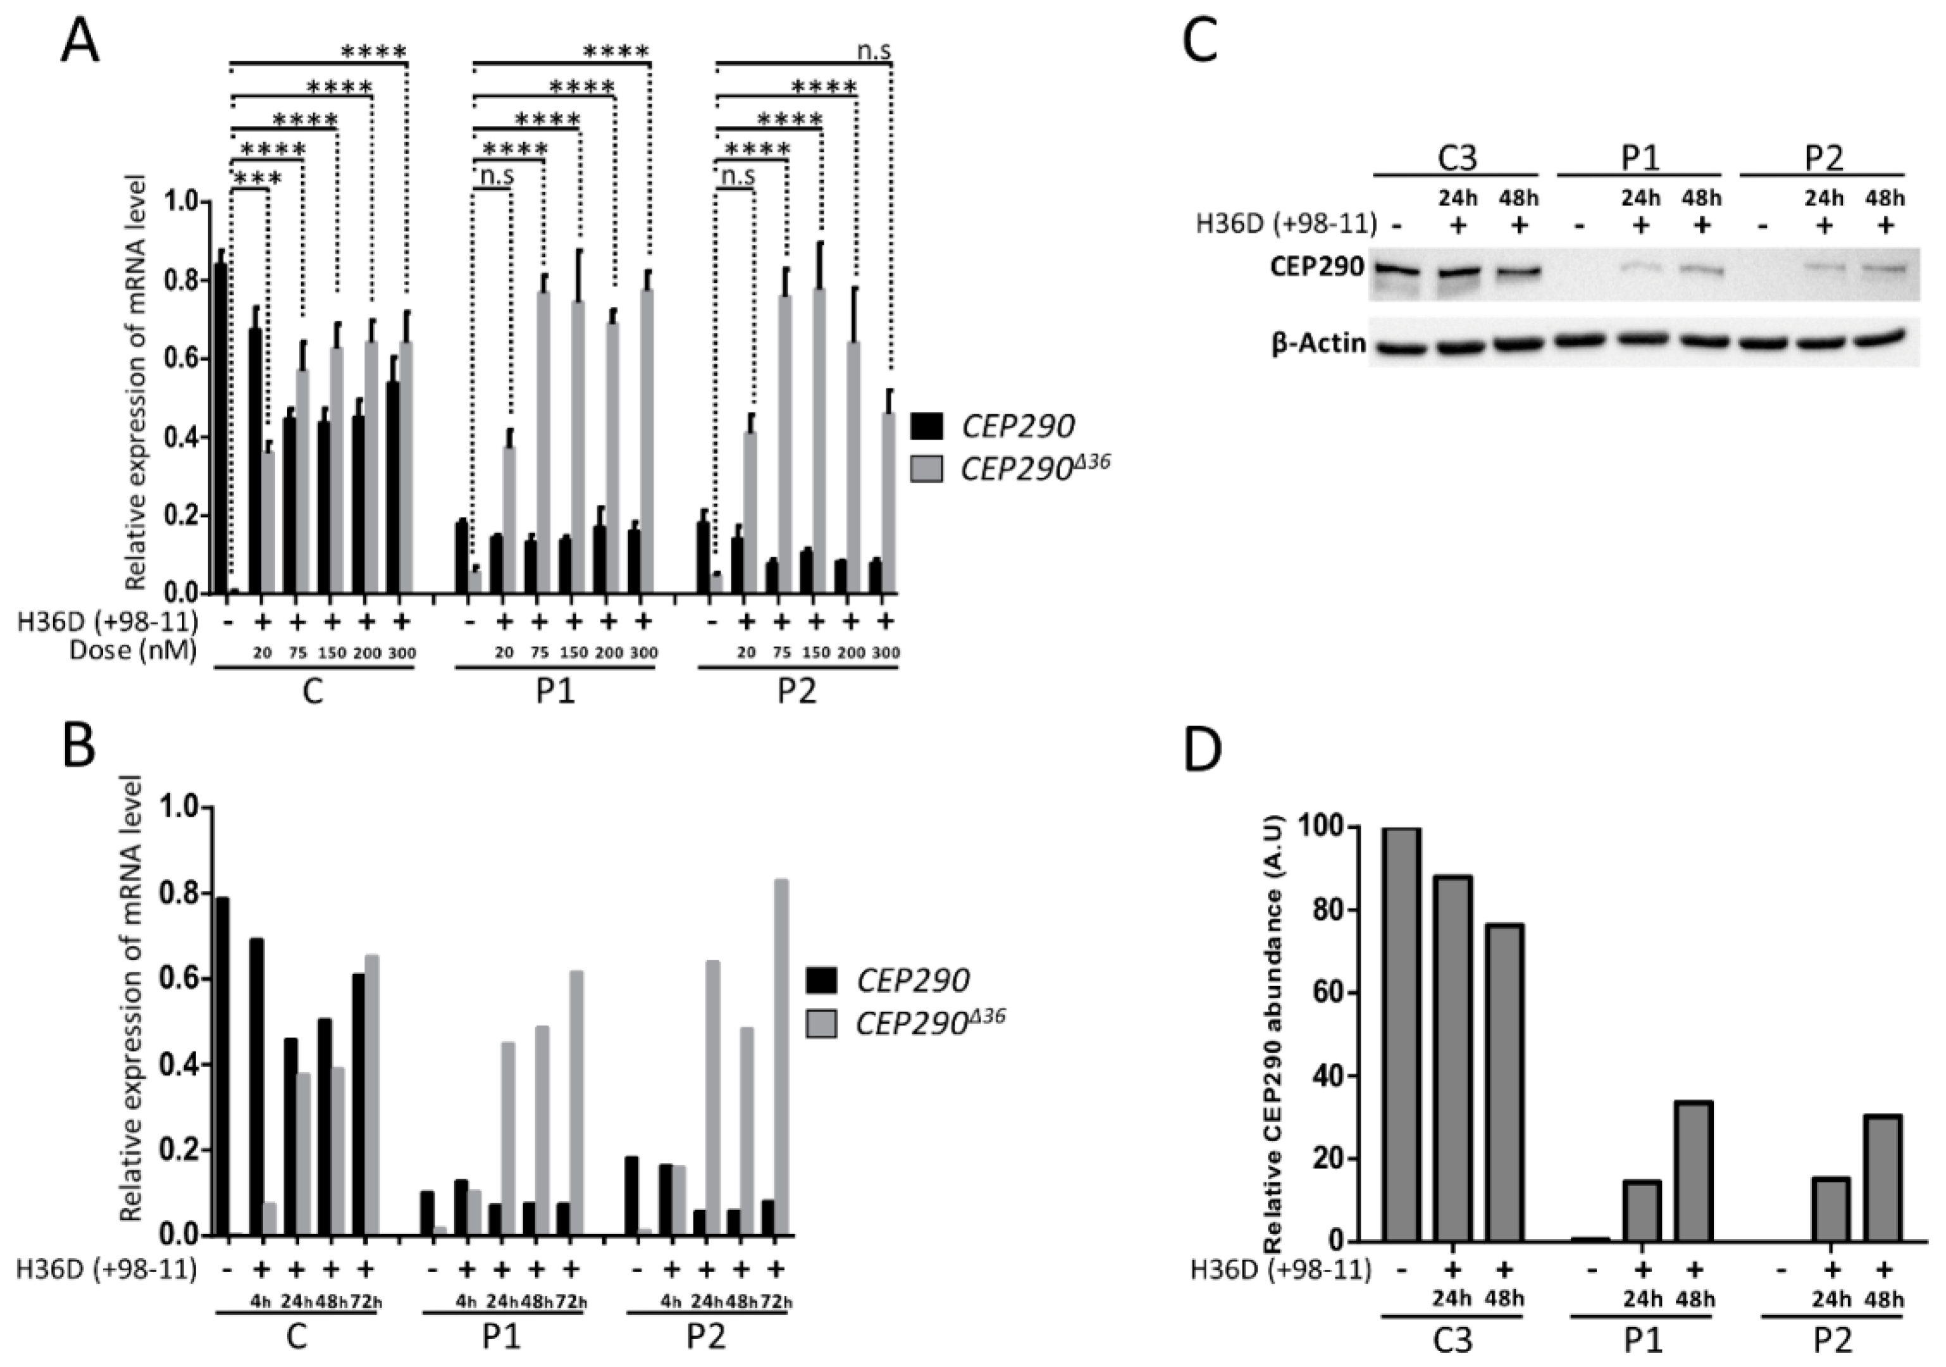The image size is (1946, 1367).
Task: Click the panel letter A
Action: click(x=80, y=40)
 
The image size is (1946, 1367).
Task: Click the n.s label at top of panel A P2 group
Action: click(x=873, y=51)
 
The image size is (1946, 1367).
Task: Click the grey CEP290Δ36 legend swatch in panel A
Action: click(x=926, y=469)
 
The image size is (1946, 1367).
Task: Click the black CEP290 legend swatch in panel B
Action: click(x=821, y=980)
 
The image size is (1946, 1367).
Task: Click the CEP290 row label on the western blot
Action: click(x=1317, y=267)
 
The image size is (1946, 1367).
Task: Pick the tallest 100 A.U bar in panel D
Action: click(x=1401, y=1034)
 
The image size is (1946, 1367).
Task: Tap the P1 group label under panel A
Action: click(x=555, y=691)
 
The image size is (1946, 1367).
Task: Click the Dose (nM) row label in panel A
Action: click(x=134, y=651)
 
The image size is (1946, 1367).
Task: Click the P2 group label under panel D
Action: click(x=1832, y=1340)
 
